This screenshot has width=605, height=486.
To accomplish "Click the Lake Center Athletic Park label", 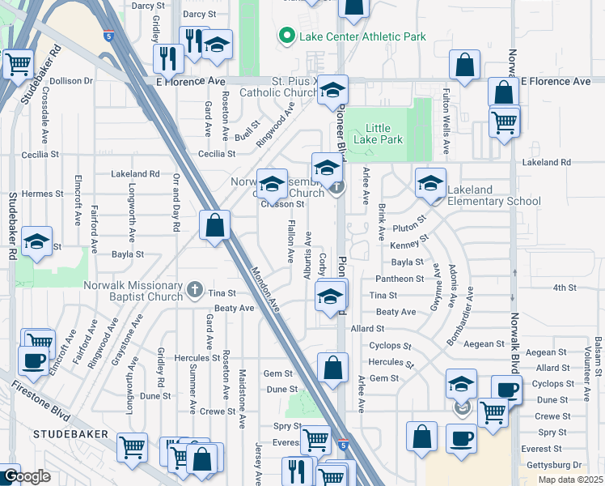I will coord(362,36).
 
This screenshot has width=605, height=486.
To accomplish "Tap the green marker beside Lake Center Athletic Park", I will coord(286,36).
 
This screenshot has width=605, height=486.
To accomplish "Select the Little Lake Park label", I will coord(383,134).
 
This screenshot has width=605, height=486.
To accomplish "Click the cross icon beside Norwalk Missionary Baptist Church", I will coord(194,289).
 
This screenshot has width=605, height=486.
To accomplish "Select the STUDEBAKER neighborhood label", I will coord(65,435).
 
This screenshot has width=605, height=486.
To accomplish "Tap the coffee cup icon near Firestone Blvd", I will coord(32,361).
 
